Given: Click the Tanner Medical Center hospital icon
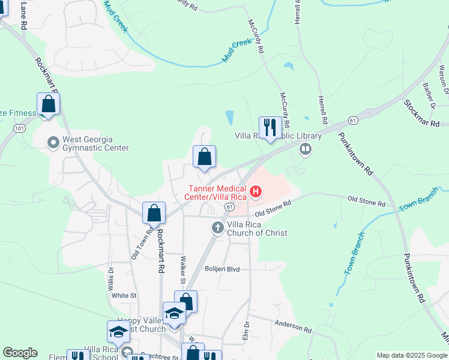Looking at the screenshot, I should tap(256, 192).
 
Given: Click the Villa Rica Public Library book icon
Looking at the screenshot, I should tap(306, 148).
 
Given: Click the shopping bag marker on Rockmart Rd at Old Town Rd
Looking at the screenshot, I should tap(154, 212).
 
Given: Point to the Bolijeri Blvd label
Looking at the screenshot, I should tap(221, 269).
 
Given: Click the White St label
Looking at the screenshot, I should tap(124, 295).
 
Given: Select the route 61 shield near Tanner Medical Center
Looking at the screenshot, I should tap(229, 206).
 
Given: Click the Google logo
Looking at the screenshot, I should tap(20, 353).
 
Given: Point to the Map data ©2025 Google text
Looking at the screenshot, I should tap(412, 355).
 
